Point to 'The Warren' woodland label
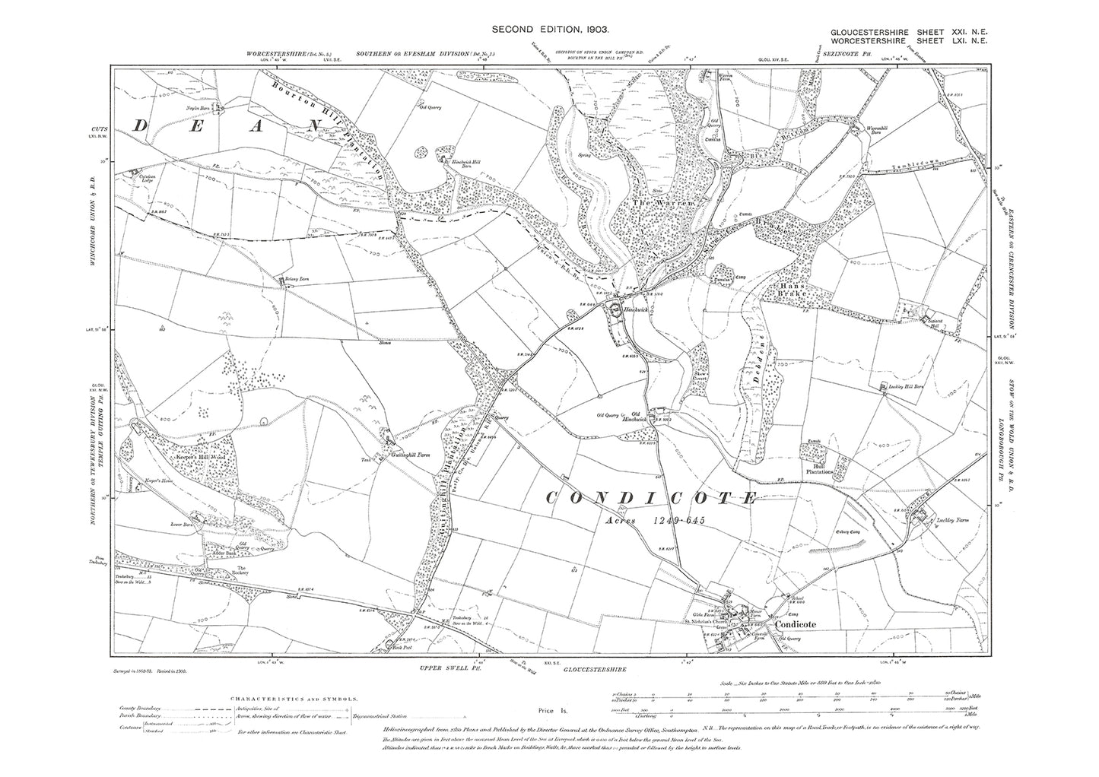[x=669, y=205]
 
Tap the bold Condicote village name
[x=795, y=624]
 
